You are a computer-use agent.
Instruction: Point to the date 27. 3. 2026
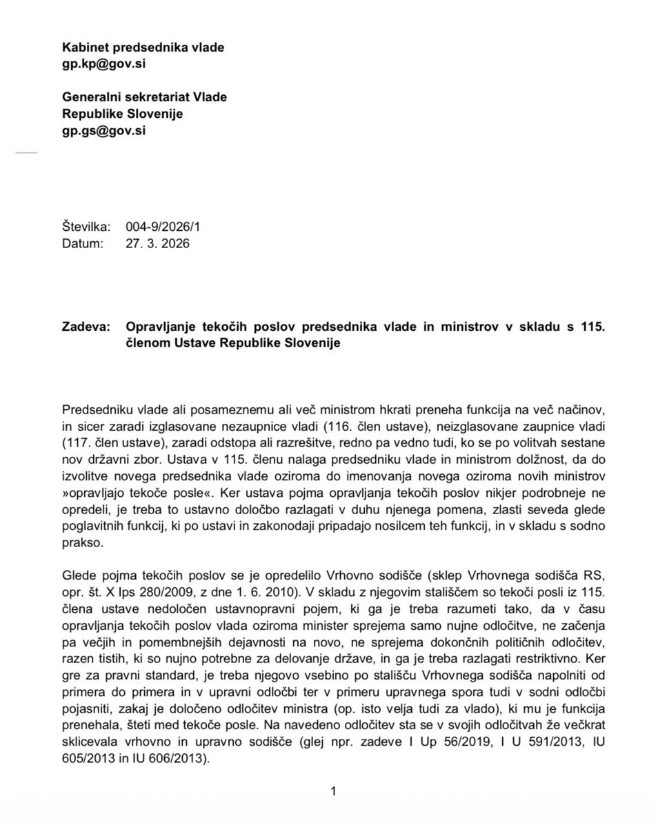coord(156,243)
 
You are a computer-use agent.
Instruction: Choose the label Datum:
coord(83,243)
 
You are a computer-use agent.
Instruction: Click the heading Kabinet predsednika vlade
coord(143,47)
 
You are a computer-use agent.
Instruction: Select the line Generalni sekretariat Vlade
coord(145,97)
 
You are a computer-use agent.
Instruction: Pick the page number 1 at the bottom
coord(333,792)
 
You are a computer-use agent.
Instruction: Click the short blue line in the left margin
coord(26,152)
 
